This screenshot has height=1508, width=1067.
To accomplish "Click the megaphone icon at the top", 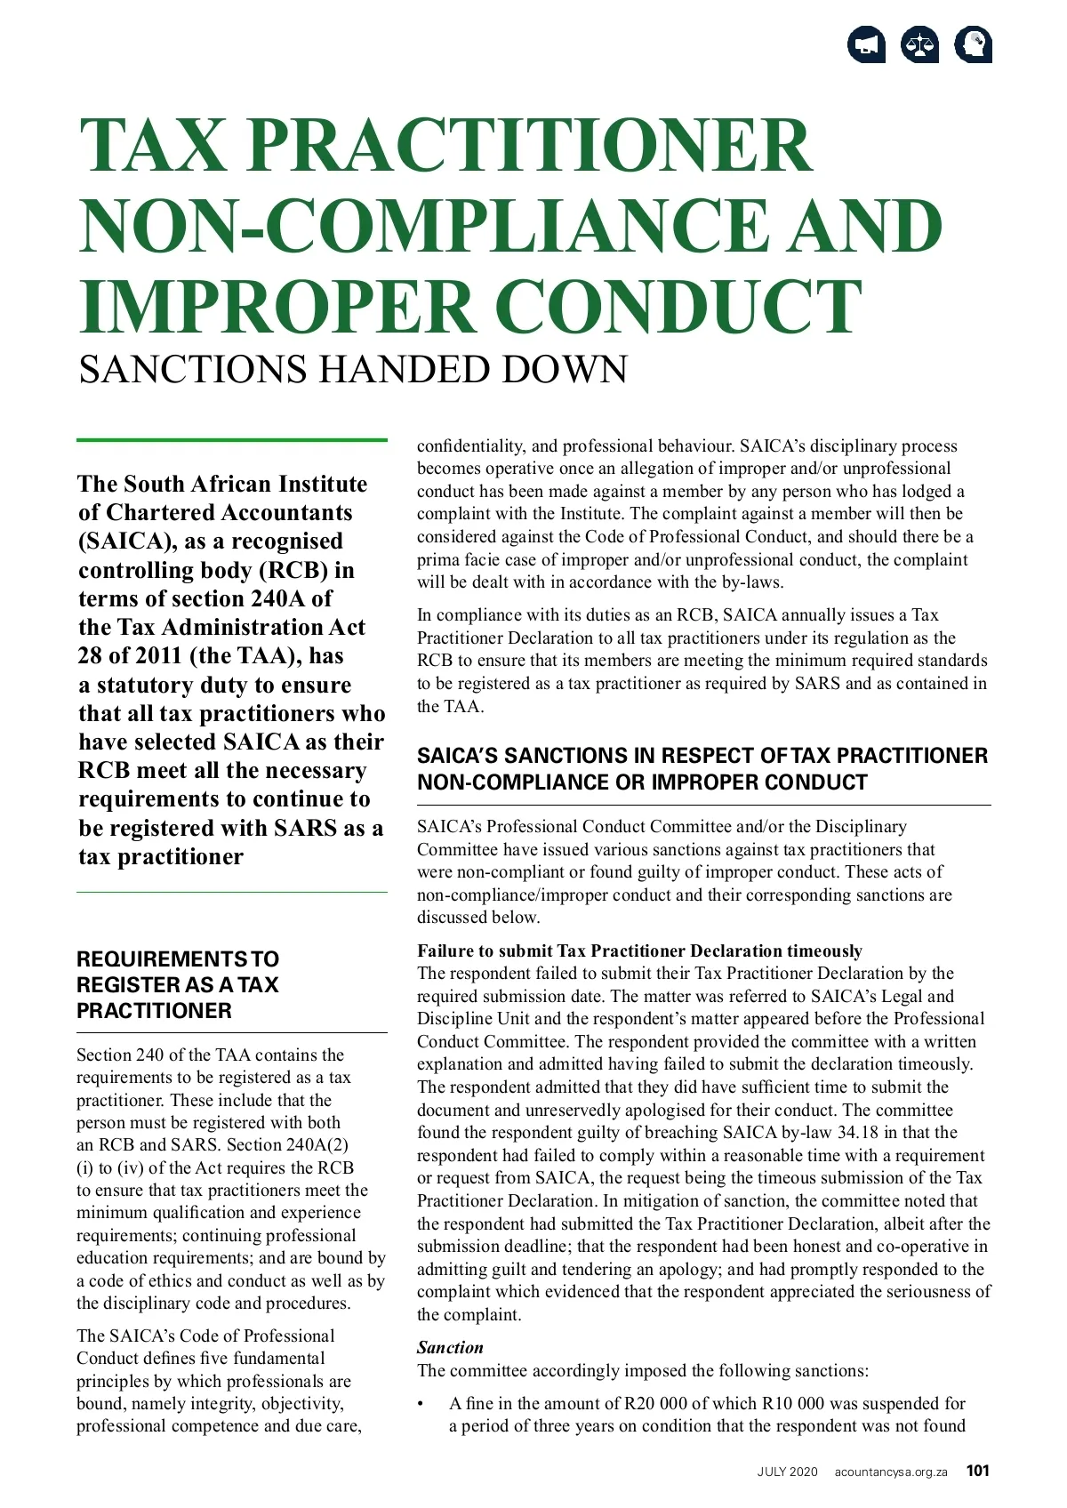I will click(866, 44).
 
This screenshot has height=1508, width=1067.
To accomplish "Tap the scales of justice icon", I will click(919, 44).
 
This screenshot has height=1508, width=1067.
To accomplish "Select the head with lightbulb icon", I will click(973, 44).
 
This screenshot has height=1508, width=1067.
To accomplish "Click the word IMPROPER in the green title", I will click(277, 307).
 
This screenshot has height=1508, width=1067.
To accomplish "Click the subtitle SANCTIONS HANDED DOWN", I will click(353, 370).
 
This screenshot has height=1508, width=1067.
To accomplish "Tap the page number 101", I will click(977, 1471).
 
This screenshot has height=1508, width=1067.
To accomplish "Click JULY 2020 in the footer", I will click(787, 1472).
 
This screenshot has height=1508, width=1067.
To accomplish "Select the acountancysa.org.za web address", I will click(891, 1472).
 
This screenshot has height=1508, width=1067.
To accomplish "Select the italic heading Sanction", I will click(450, 1348).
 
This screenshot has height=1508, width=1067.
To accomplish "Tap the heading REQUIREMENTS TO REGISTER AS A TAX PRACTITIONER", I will click(178, 985).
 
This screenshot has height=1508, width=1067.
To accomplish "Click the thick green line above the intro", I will click(231, 440).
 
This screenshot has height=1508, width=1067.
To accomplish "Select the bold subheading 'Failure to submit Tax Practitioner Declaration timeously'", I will click(639, 951).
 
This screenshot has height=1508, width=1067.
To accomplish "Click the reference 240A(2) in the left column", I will click(316, 1145).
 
